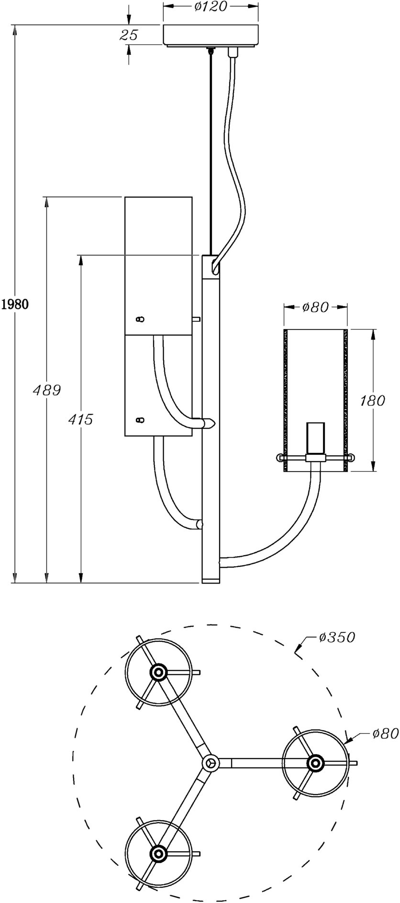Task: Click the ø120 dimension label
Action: point(211,7)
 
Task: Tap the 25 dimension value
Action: point(128,34)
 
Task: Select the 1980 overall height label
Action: point(15,304)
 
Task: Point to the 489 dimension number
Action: point(46,390)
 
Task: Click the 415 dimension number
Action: point(80,419)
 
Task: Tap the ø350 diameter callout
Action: point(337,637)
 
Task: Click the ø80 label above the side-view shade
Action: point(316,308)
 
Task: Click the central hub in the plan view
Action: point(210,763)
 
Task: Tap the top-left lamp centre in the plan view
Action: point(158,672)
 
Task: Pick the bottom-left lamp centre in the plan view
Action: point(158,853)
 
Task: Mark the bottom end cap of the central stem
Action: point(211,581)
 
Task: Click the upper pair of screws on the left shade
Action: point(140,319)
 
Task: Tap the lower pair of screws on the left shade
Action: point(140,420)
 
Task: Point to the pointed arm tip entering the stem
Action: point(209,423)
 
